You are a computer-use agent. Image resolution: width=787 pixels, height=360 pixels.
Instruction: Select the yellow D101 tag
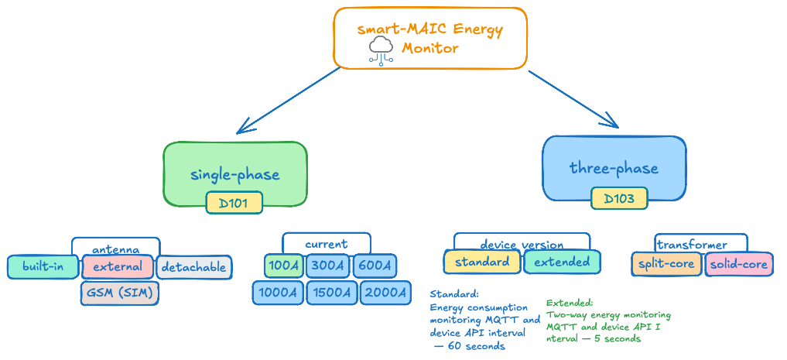[234, 204]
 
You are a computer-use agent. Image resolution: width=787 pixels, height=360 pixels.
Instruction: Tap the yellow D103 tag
[619, 199]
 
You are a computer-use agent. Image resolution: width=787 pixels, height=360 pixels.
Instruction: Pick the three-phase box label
[614, 168]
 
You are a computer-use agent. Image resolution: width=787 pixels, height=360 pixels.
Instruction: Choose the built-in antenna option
[44, 267]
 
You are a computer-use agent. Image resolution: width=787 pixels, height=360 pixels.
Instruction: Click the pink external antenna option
[118, 267]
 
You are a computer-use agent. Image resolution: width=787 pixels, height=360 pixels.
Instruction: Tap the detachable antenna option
[194, 267]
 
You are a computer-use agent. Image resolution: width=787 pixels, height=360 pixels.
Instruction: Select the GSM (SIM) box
[119, 293]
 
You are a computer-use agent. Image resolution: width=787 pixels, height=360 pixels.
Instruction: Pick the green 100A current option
[283, 266]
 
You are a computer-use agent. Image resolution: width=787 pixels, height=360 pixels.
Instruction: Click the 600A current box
[375, 266]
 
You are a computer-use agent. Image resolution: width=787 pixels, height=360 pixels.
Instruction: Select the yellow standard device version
[482, 262]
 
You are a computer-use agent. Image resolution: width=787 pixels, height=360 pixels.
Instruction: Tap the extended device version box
[562, 262]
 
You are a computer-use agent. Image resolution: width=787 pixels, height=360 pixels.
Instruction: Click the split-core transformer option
[666, 265]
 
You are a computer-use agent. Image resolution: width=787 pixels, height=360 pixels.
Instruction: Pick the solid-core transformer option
[739, 265]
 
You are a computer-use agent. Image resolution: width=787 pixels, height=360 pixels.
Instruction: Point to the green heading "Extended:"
[570, 303]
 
